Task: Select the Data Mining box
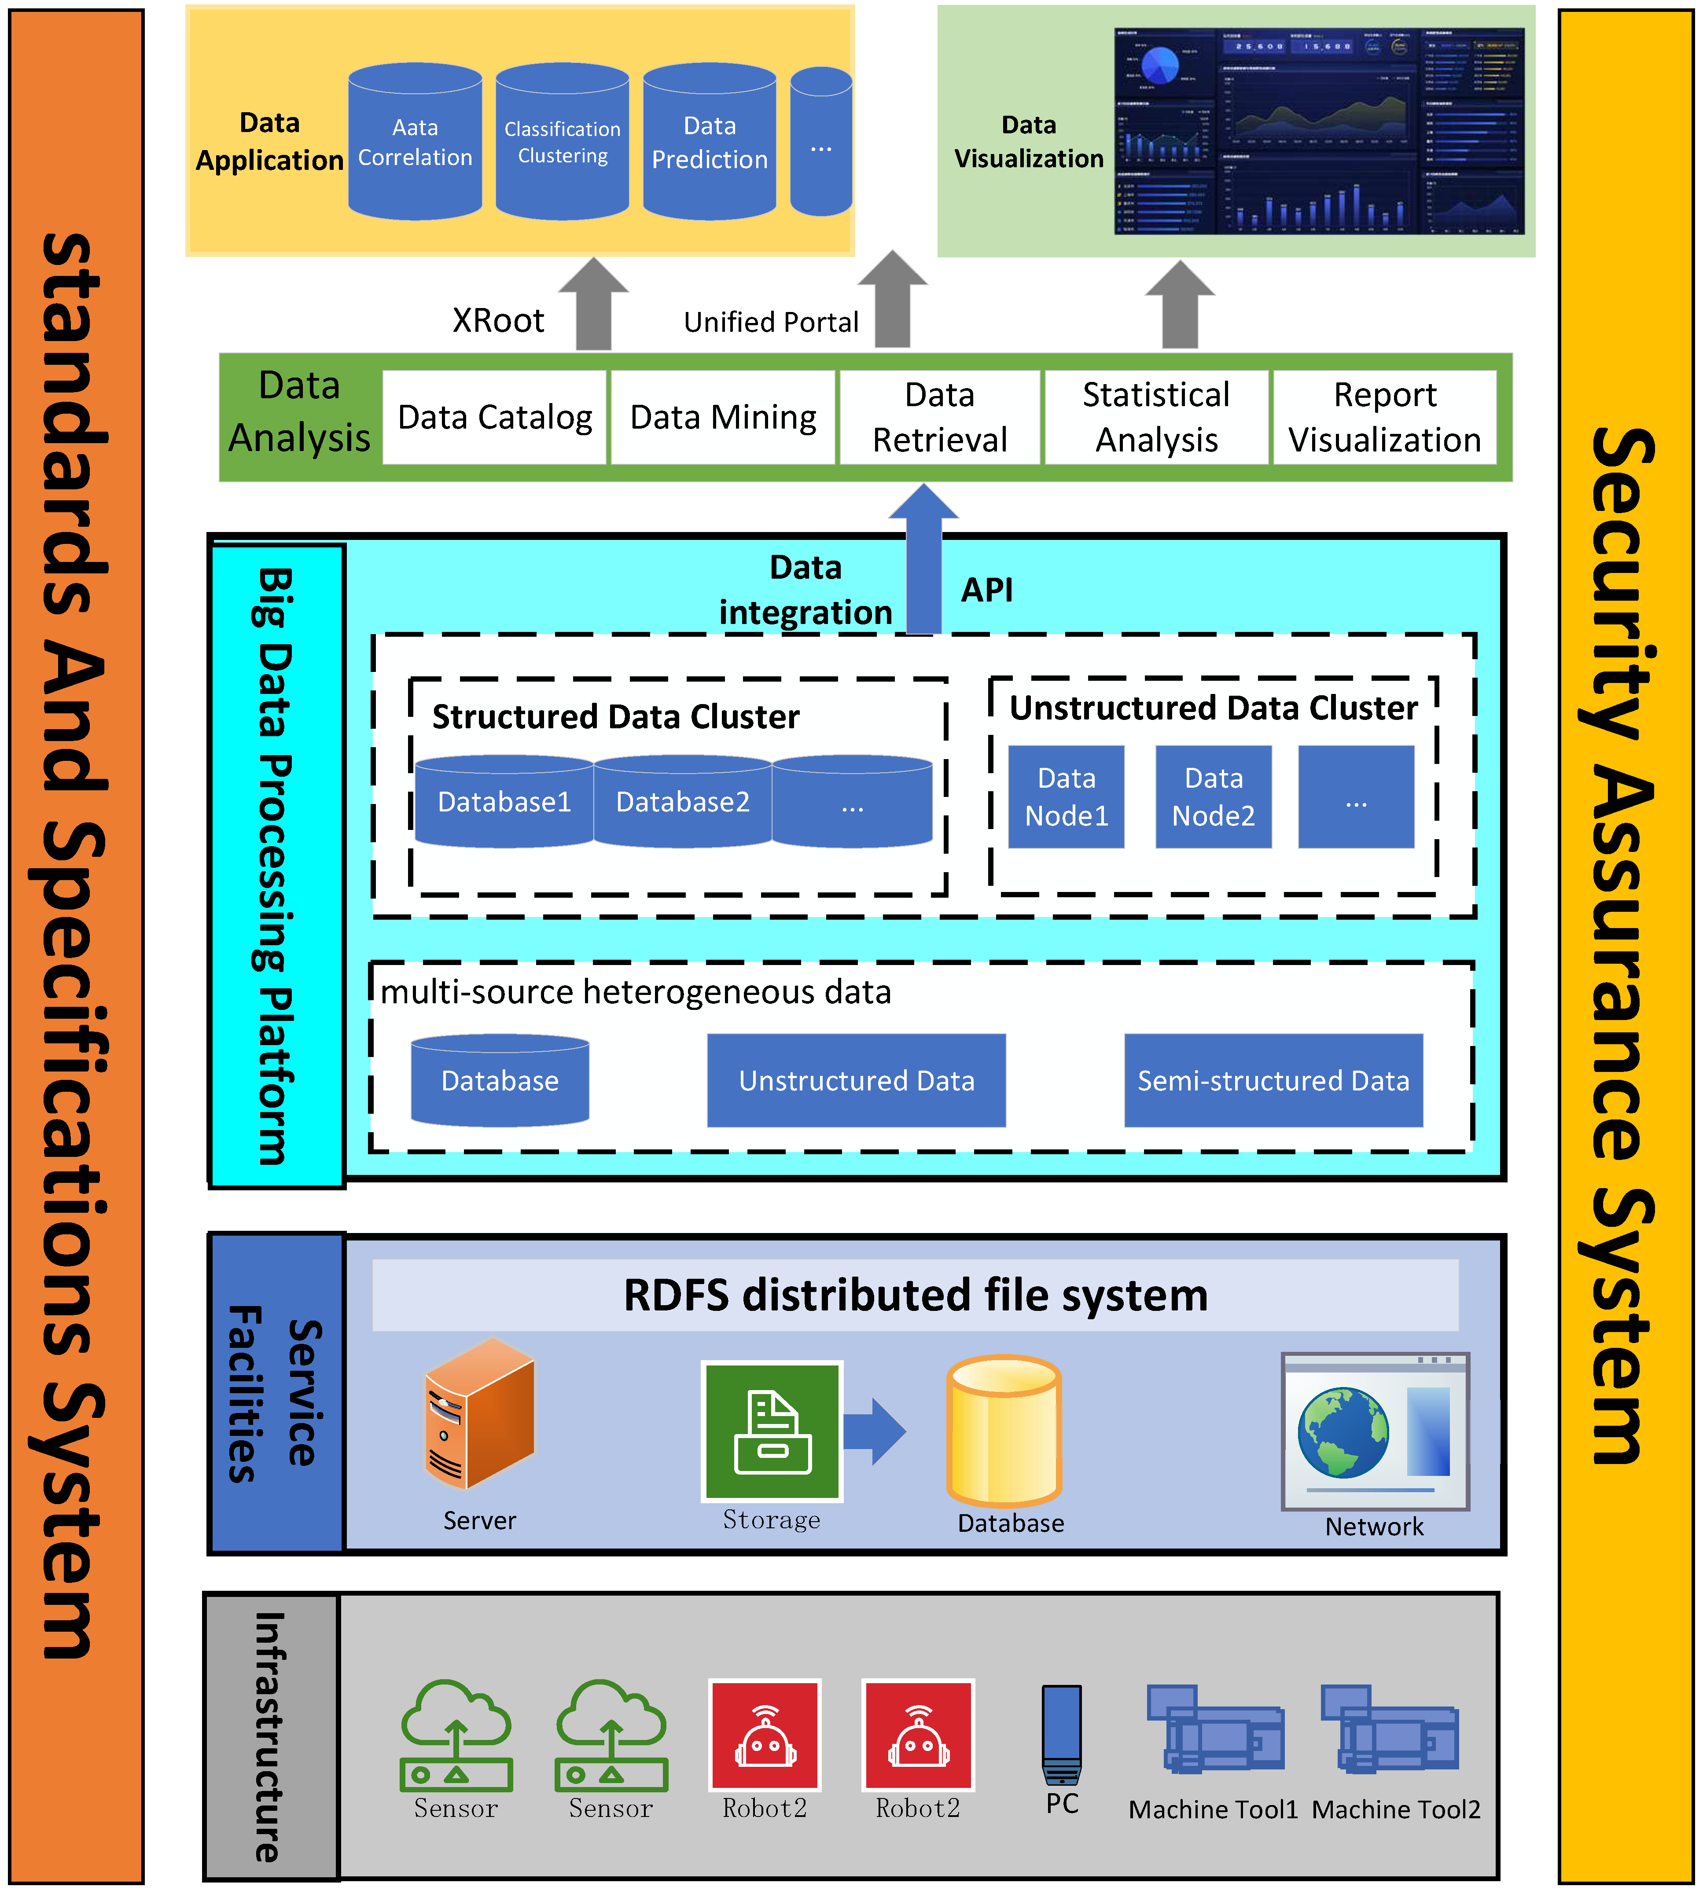[x=722, y=417]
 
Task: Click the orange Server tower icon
[x=479, y=1413]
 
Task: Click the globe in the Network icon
[x=1343, y=1431]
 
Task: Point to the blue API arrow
[x=923, y=561]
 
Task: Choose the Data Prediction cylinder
[x=709, y=142]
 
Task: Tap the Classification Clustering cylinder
[x=563, y=142]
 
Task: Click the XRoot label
[x=498, y=321]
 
